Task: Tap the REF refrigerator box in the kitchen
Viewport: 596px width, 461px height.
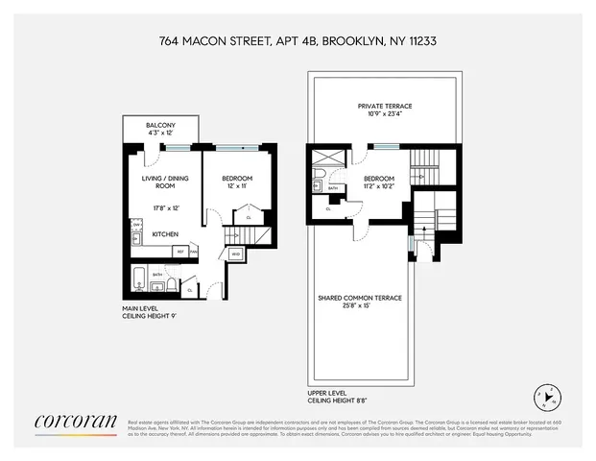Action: pos(179,252)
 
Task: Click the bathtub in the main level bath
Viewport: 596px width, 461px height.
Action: pos(139,281)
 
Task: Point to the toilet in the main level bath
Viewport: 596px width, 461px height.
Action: pos(169,285)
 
